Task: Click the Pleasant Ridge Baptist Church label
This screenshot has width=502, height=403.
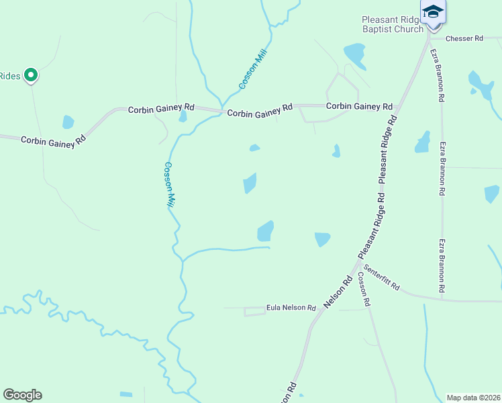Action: point(393,25)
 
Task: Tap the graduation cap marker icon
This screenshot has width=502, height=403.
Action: point(433,12)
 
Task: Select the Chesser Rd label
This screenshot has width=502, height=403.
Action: point(464,39)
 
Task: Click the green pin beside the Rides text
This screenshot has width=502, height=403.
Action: point(30,75)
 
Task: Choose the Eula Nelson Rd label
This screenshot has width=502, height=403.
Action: point(291,308)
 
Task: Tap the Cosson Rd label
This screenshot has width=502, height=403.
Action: point(364,289)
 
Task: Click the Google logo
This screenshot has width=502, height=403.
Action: point(22,395)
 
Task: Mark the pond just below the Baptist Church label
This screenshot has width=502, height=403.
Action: point(355,55)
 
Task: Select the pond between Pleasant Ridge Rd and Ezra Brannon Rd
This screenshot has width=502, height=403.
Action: point(422,142)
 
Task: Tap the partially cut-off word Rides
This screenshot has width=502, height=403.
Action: point(10,75)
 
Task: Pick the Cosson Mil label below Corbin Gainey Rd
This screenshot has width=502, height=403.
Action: point(169,184)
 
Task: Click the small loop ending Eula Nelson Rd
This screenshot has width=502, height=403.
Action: point(254,311)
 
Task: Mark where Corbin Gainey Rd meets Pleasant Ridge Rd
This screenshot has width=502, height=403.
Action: point(399,106)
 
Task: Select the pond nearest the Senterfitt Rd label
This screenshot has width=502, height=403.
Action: point(323,238)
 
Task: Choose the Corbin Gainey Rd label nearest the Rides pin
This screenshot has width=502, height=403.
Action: point(53,140)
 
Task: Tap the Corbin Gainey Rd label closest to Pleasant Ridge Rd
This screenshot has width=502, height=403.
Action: point(359,106)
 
